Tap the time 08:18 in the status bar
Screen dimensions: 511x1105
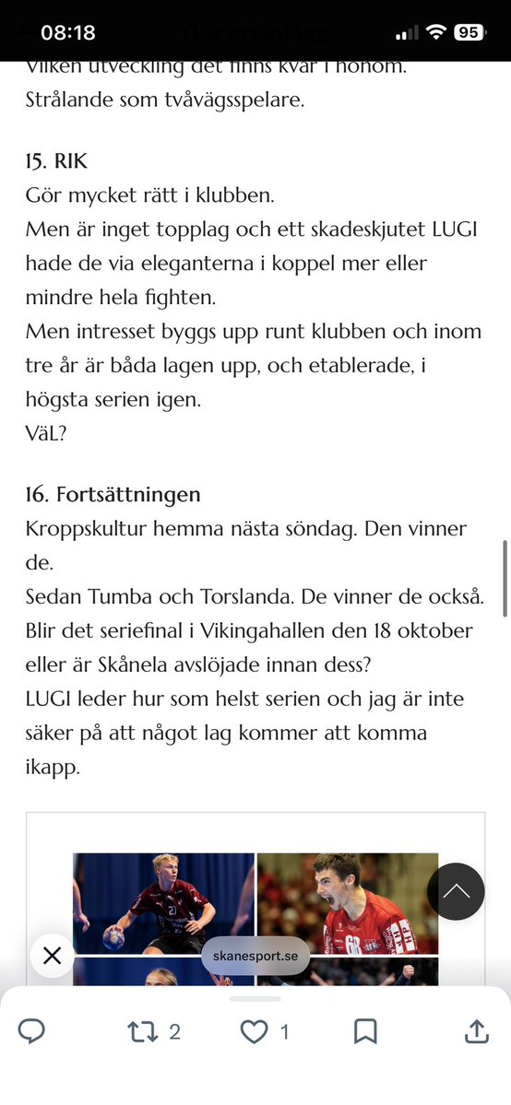pyautogui.click(x=68, y=32)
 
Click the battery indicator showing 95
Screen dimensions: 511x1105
pyautogui.click(x=468, y=32)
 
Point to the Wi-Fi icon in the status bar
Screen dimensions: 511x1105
pyautogui.click(x=434, y=32)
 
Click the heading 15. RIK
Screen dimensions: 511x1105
pyautogui.click(x=57, y=161)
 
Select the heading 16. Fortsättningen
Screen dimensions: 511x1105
pyautogui.click(x=113, y=494)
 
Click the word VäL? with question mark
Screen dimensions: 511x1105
pyautogui.click(x=46, y=433)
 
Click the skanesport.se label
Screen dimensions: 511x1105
pyautogui.click(x=255, y=957)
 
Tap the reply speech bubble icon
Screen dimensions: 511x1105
pyautogui.click(x=31, y=1031)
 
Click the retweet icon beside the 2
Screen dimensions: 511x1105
pyautogui.click(x=142, y=1031)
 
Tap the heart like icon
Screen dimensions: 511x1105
pyautogui.click(x=254, y=1031)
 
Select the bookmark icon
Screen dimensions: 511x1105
pyautogui.click(x=365, y=1031)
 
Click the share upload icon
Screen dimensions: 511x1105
pyautogui.click(x=477, y=1031)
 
